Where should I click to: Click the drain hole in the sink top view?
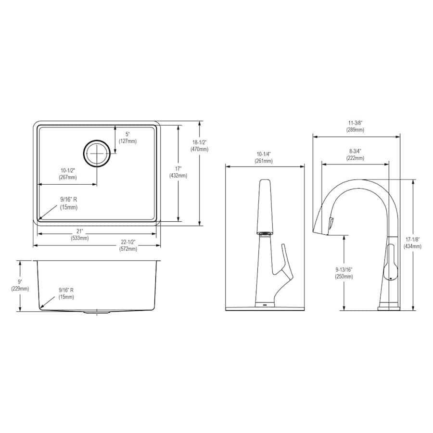click(97, 153)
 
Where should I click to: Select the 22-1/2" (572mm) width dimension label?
click(128, 245)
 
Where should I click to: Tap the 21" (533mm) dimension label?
click(80, 234)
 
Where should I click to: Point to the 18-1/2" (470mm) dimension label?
click(199, 146)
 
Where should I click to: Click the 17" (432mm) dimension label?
click(178, 172)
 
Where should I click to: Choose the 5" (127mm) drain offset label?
click(127, 138)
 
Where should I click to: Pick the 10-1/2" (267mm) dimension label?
click(68, 174)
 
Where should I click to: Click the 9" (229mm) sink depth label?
click(20, 285)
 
